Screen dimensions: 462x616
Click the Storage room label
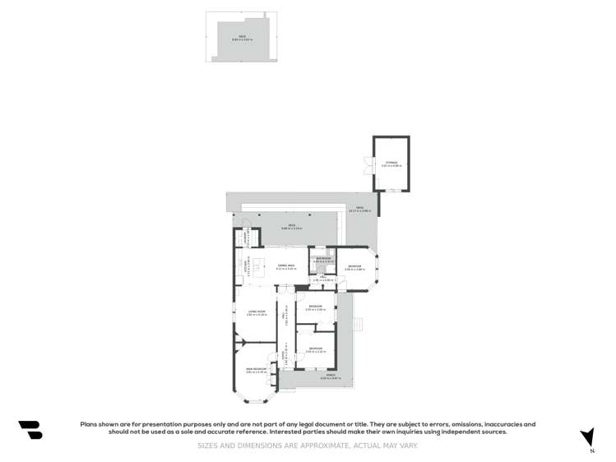(391, 163)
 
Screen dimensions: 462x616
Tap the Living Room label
(257, 312)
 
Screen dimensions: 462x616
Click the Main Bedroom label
(256, 370)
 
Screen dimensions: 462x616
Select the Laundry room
(244, 238)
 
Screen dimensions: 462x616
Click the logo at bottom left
(30, 429)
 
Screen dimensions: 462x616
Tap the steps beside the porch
(358, 324)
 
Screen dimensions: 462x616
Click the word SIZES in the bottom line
(207, 446)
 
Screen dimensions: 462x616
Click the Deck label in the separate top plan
(243, 37)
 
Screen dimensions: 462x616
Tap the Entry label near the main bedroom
(286, 358)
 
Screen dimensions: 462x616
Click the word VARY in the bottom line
(408, 446)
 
